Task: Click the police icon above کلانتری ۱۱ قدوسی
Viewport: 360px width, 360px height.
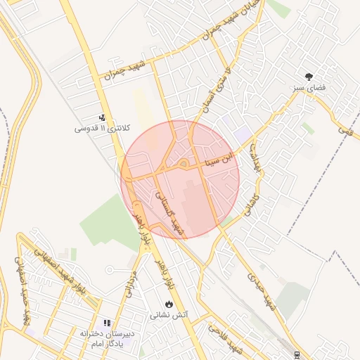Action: tap(103, 118)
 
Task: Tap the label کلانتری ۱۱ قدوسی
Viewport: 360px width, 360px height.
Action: tap(103, 129)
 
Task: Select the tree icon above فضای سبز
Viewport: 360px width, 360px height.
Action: tap(309, 76)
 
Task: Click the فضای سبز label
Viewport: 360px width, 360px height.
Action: tap(309, 88)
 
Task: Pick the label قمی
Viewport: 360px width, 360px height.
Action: tap(345, 129)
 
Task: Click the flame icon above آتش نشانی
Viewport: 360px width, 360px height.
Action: tap(169, 304)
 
